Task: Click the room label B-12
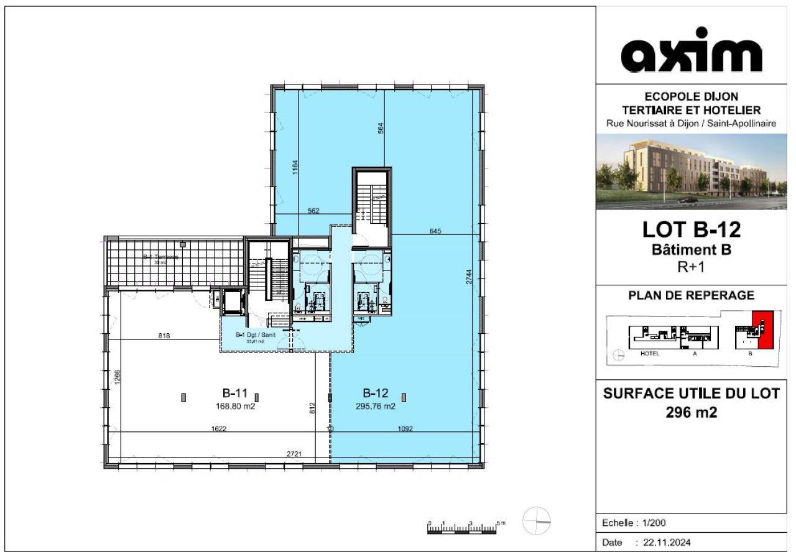(x=376, y=393)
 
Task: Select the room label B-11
(x=235, y=393)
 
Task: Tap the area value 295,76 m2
(x=376, y=407)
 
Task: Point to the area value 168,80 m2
(x=235, y=407)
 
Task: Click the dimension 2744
(x=470, y=281)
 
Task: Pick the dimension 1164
(x=295, y=167)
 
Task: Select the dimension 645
(x=435, y=231)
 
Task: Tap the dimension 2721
(x=294, y=454)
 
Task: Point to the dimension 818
(x=164, y=336)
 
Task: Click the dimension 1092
(x=405, y=428)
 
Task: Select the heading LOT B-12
(x=692, y=230)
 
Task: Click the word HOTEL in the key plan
(x=649, y=353)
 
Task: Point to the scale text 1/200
(x=652, y=523)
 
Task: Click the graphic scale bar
(x=463, y=528)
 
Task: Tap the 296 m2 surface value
(x=692, y=412)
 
